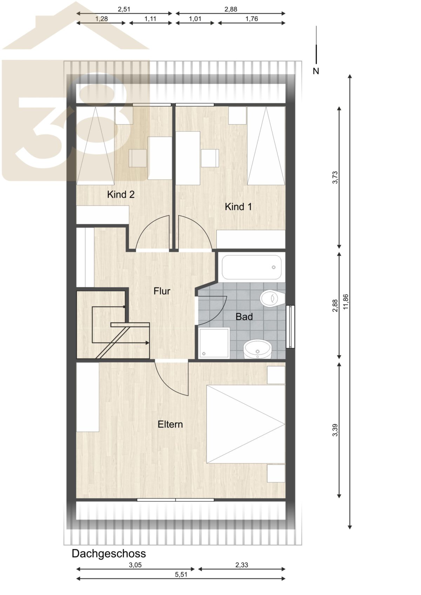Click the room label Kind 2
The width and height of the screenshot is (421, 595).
(x=121, y=195)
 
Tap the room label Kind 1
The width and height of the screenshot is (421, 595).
(x=238, y=207)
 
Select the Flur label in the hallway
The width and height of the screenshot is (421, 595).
(x=162, y=291)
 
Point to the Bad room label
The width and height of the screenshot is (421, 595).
(x=244, y=317)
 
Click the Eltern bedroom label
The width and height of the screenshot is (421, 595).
(x=170, y=424)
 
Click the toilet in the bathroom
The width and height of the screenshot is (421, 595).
(x=273, y=299)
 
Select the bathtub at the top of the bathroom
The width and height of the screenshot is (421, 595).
(x=251, y=267)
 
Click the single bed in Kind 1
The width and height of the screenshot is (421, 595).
(x=266, y=146)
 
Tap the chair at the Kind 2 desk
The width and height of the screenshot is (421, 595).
(x=138, y=158)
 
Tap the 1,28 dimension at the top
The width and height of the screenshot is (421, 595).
(x=101, y=19)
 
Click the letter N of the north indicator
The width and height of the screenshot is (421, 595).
(x=316, y=71)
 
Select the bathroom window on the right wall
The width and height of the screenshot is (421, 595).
(x=290, y=327)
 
